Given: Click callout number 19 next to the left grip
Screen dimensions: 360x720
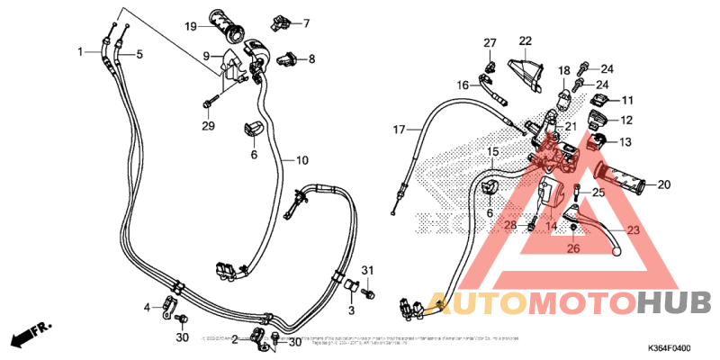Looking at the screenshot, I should (x=191, y=26).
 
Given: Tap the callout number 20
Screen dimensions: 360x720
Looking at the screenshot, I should (x=664, y=185).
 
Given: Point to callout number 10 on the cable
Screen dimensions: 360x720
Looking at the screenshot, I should (x=301, y=160).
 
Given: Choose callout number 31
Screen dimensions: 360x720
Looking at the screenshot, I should (x=366, y=271).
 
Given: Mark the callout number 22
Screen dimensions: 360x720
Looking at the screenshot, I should (x=525, y=40).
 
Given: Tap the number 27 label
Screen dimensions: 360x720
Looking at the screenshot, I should (x=490, y=43).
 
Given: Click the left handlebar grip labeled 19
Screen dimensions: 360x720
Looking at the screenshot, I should (x=227, y=25).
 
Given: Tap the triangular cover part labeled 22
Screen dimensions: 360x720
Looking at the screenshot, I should (x=528, y=69).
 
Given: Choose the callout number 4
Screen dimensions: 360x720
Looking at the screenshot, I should (x=148, y=308).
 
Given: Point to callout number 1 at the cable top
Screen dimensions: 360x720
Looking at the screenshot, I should (x=81, y=50).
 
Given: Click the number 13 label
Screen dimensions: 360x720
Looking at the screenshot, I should (x=625, y=142).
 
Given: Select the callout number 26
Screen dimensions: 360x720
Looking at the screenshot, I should (x=572, y=249).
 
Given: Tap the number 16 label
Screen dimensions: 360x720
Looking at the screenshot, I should (x=463, y=85).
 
